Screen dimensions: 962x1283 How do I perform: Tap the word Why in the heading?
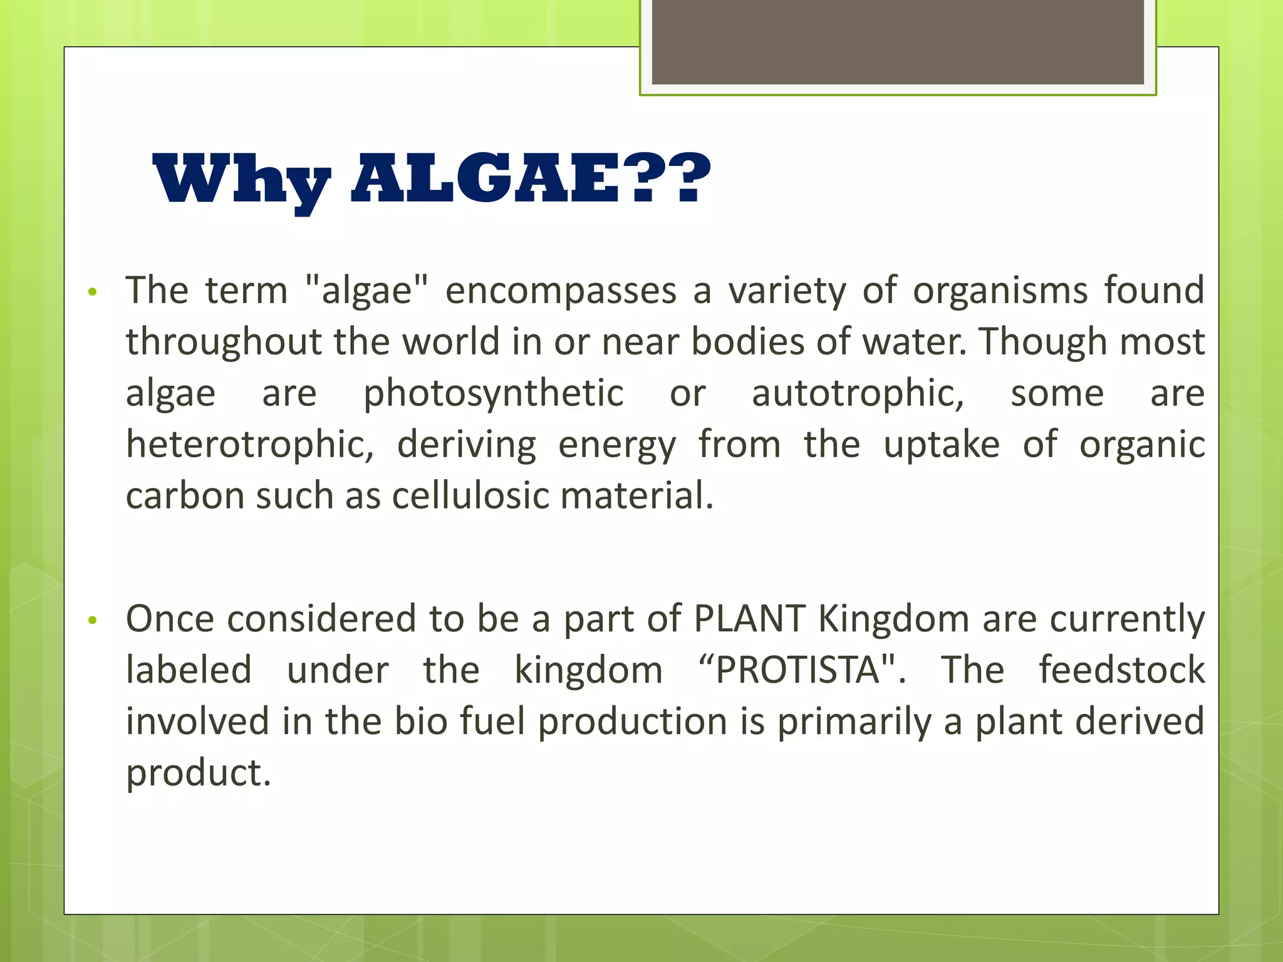[x=241, y=180]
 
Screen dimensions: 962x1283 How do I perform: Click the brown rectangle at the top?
[x=898, y=41]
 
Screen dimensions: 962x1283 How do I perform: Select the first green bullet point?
[x=93, y=292]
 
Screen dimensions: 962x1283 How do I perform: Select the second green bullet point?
[x=93, y=620]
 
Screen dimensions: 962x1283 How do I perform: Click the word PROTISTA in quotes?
[x=798, y=670]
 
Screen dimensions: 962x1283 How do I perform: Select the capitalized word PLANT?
[x=749, y=619]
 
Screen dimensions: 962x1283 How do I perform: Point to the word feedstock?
[x=1121, y=670]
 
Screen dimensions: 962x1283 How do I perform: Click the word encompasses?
[x=561, y=292]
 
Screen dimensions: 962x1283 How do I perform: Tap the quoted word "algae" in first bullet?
[x=367, y=292]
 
